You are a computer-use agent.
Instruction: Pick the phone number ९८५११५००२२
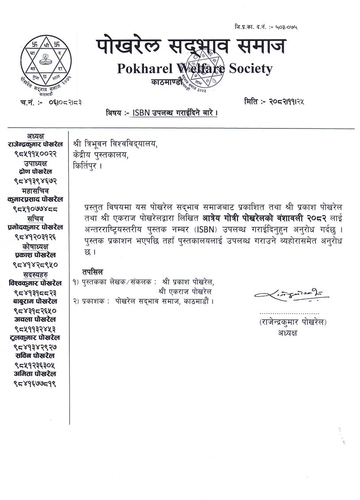tap(35, 154)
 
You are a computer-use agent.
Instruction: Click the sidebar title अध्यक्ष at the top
tap(35, 136)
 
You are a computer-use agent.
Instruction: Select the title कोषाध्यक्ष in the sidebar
tap(35, 246)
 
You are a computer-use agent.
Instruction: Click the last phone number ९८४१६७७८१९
tap(35, 383)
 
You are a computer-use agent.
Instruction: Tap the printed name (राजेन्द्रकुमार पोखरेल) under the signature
tap(293, 323)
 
